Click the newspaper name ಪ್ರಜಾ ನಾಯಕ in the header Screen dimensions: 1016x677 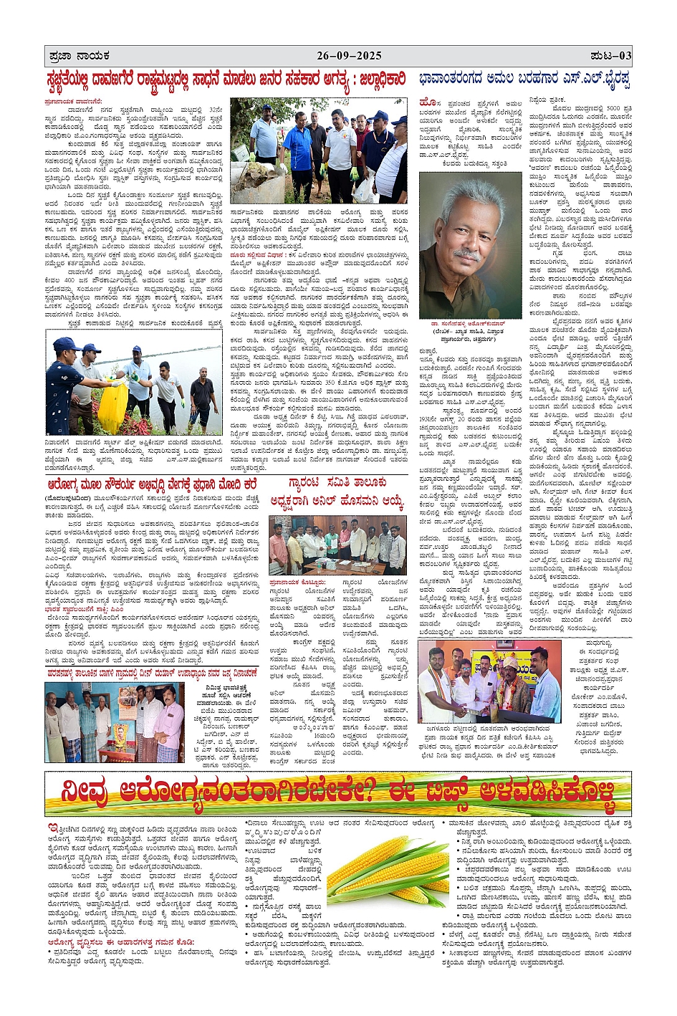point(75,55)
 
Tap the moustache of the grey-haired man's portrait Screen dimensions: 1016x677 point(466,254)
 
